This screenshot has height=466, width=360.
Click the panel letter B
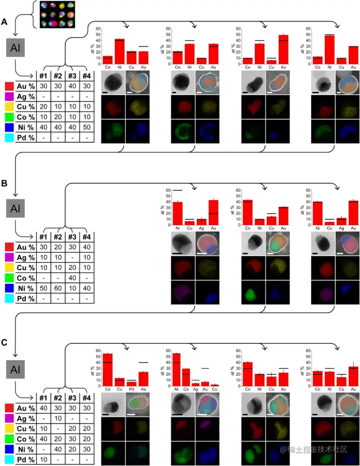[4, 184]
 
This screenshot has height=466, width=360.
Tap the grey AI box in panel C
[16, 370]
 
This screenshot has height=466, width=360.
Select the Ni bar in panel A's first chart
[119, 49]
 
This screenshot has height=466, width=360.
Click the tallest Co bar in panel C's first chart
[107, 370]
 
